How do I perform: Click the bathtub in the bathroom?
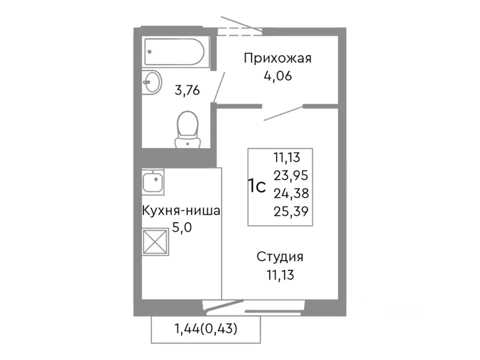coord(174,51)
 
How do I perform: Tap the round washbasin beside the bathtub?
coord(151,83)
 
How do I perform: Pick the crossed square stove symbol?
coord(155,241)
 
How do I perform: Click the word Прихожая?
coord(277,59)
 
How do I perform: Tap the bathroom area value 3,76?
coord(187,90)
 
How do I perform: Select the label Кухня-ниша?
coord(181,211)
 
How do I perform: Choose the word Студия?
coord(280,257)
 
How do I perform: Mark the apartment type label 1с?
coord(257,186)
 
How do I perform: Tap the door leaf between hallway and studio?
coord(283,113)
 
